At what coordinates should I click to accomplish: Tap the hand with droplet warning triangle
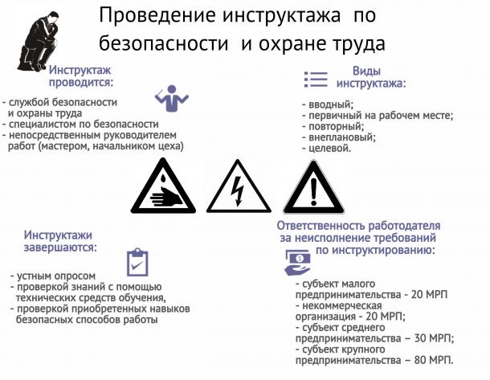click(x=163, y=186)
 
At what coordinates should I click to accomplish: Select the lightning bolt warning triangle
click(x=239, y=186)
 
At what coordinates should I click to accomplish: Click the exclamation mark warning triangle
click(x=314, y=187)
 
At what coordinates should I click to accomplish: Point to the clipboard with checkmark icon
click(x=137, y=263)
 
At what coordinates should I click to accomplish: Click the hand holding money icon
click(x=297, y=263)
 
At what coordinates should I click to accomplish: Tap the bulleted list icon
click(x=316, y=79)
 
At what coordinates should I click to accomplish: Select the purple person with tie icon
click(x=172, y=98)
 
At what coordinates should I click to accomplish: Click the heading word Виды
click(x=366, y=71)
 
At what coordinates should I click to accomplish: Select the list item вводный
click(x=331, y=104)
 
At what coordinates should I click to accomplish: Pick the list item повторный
click(x=337, y=127)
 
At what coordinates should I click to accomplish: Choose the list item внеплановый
click(x=342, y=137)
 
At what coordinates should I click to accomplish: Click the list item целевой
click(x=329, y=148)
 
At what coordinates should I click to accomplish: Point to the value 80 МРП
click(x=434, y=360)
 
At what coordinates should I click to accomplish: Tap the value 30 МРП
click(x=434, y=338)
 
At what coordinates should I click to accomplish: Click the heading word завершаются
click(x=60, y=247)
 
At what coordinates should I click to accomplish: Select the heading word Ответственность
click(x=321, y=226)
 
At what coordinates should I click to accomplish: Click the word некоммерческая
click(x=342, y=305)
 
